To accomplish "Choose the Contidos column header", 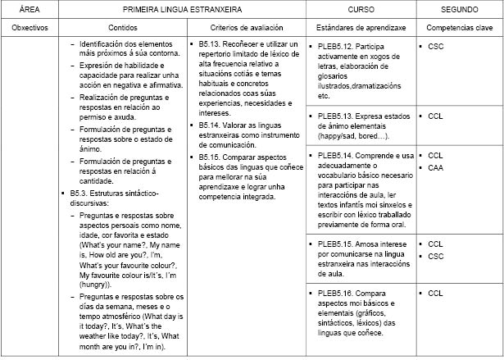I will tap(122, 27).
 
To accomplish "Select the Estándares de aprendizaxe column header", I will tap(359, 27).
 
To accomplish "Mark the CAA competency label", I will tap(435, 167).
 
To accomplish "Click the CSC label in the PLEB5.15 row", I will tap(435, 256).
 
